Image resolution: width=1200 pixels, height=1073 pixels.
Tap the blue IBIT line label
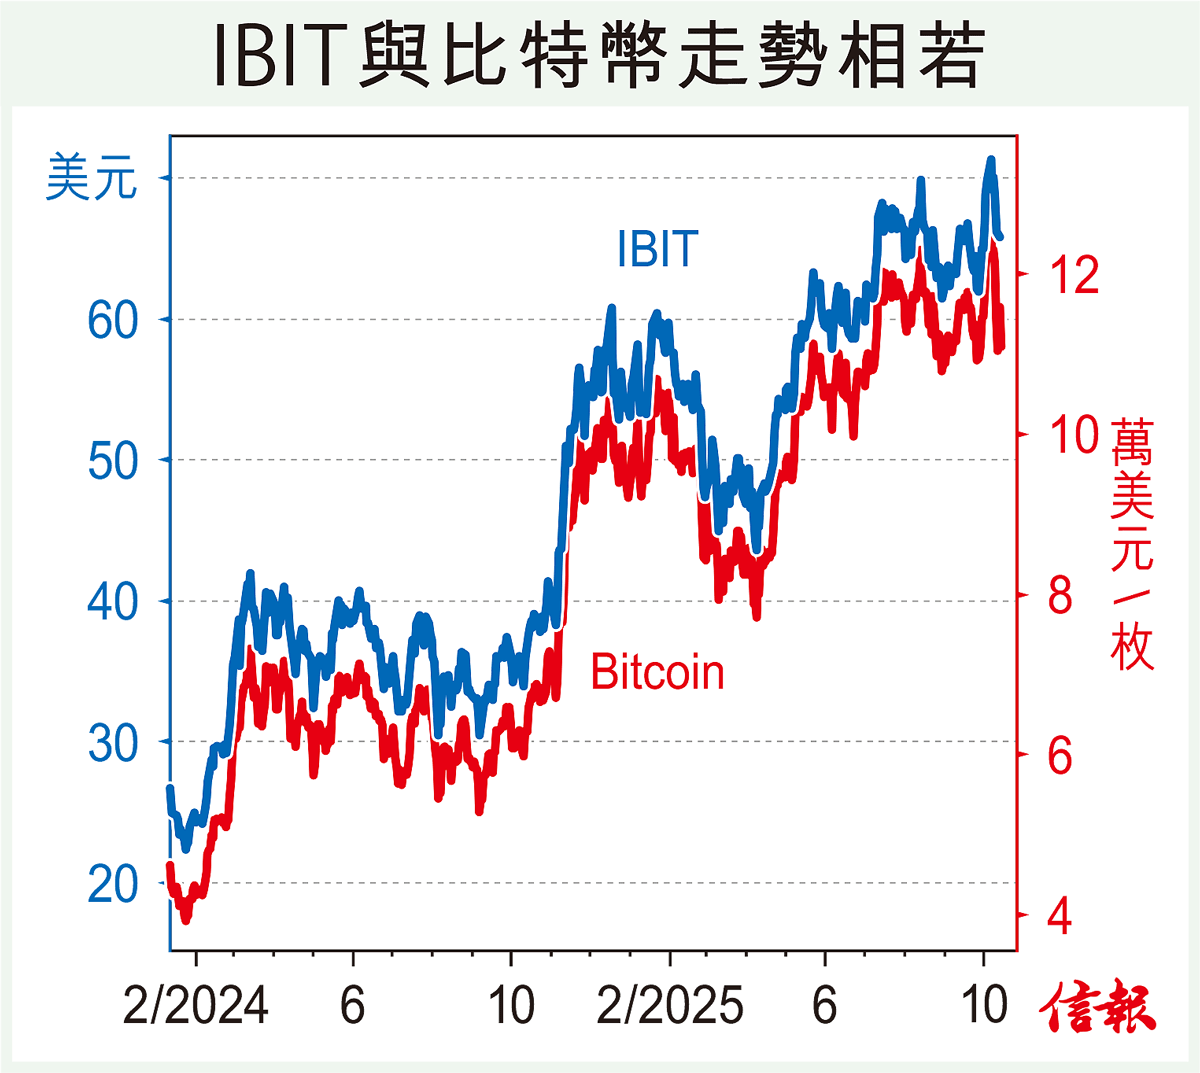pos(657,249)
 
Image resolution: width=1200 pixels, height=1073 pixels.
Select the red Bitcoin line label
pos(657,672)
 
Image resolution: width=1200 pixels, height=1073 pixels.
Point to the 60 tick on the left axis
pos(112,320)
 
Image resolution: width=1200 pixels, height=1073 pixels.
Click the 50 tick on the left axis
pos(112,461)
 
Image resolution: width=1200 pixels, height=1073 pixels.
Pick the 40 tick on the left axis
pos(112,602)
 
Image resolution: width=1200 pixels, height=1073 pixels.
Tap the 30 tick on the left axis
pos(112,743)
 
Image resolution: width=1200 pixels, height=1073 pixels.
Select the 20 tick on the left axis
pos(112,884)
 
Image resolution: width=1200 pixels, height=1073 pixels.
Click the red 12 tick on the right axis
pos(1073,274)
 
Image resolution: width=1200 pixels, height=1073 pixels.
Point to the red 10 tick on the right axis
pos(1073,435)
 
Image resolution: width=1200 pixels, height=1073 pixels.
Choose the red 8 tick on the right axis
pos(1060,596)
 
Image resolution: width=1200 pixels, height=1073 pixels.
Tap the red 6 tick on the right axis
pos(1060,756)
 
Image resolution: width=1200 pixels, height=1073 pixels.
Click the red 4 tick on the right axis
pos(1060,916)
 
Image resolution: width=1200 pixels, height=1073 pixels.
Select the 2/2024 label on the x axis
pos(196,1005)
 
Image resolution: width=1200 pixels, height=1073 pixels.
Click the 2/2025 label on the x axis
pos(670,1005)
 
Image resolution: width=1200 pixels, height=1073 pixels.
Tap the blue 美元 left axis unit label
pos(91,178)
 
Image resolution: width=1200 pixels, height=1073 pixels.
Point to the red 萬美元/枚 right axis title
pos(1132,545)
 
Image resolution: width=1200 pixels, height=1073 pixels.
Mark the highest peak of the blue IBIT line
pos(991,159)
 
